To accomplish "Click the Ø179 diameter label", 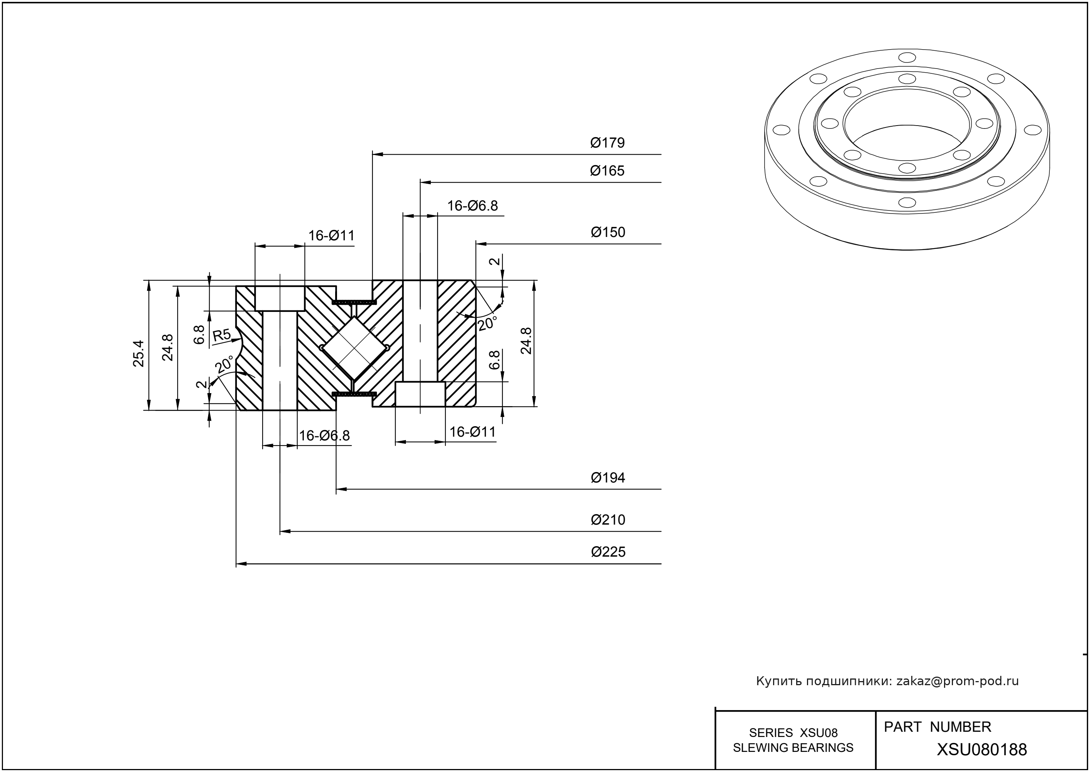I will tap(607, 143).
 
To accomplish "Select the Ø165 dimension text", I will tap(607, 171).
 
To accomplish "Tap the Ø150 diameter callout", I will tap(608, 232).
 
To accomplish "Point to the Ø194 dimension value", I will tap(608, 478).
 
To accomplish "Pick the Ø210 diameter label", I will tap(608, 520).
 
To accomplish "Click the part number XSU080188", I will tap(982, 750).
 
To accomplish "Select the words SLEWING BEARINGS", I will tap(793, 748).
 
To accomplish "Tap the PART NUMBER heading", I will tap(937, 727).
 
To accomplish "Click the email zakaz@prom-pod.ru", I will tap(957, 681).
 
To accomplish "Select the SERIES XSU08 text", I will tap(793, 733).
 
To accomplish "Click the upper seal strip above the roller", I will tap(355, 302).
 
